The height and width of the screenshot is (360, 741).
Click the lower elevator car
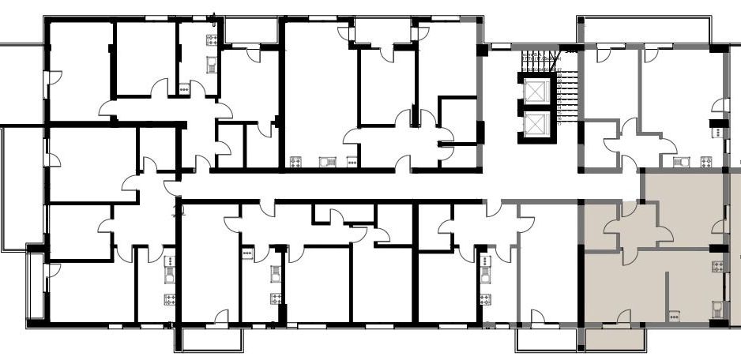pyautogui.click(x=536, y=125)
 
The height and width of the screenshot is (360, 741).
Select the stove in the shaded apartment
pyautogui.click(x=717, y=266)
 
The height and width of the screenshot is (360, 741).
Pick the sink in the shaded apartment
pyautogui.click(x=717, y=307)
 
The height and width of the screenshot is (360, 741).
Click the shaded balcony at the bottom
pyautogui.click(x=615, y=340)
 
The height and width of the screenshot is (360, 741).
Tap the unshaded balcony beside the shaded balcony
pyautogui.click(x=544, y=340)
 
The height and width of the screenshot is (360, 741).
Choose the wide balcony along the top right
pyautogui.click(x=645, y=30)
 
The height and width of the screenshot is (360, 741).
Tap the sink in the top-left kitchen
pyautogui.click(x=212, y=64)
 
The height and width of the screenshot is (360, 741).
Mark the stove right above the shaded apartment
pyautogui.click(x=705, y=162)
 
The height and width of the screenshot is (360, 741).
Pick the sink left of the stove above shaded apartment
pyautogui.click(x=679, y=162)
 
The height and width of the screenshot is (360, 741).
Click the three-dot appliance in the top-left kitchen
pyautogui.click(x=185, y=89)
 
